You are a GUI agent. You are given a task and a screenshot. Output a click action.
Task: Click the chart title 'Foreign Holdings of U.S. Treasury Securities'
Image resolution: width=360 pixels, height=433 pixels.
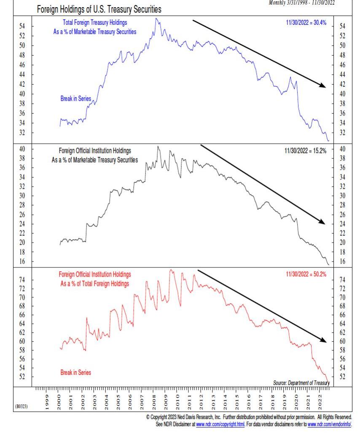(x=99, y=9)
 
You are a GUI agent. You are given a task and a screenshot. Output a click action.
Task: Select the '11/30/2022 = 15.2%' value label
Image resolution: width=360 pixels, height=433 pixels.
(x=306, y=150)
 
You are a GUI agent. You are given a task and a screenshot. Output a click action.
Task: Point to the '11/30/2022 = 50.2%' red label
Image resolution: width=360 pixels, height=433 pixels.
(x=306, y=274)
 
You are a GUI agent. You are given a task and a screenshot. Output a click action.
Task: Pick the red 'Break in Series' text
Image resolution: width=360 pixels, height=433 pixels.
(x=75, y=373)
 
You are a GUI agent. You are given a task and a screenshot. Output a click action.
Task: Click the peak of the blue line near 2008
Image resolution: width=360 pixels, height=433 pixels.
(x=157, y=19)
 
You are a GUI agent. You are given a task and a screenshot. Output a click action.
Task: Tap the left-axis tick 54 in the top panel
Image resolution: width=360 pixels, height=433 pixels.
(x=22, y=26)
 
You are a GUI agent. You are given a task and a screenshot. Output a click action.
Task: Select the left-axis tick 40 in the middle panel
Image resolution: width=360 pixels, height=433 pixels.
(x=22, y=149)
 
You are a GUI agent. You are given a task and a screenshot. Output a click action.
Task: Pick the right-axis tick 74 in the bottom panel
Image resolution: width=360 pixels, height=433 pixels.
(x=342, y=280)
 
